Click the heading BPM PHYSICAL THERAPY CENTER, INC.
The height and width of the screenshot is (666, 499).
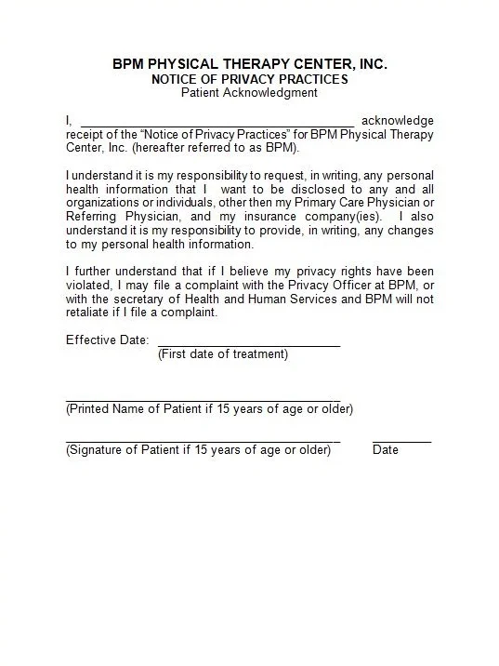point(249,63)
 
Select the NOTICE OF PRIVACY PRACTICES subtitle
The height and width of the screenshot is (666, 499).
point(249,79)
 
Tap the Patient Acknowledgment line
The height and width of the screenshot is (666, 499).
point(249,93)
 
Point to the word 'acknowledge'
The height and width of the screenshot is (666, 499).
point(397,120)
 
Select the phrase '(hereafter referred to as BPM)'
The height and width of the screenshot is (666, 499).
point(215,148)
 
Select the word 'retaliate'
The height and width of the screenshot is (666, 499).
point(90,313)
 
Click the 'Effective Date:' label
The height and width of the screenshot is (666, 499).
point(107,340)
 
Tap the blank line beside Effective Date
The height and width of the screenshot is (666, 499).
point(249,346)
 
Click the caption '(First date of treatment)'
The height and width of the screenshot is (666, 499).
point(223,354)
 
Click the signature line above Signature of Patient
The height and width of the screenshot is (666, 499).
point(203,442)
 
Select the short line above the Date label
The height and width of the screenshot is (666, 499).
point(401,442)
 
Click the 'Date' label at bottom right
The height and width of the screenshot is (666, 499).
point(386,450)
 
